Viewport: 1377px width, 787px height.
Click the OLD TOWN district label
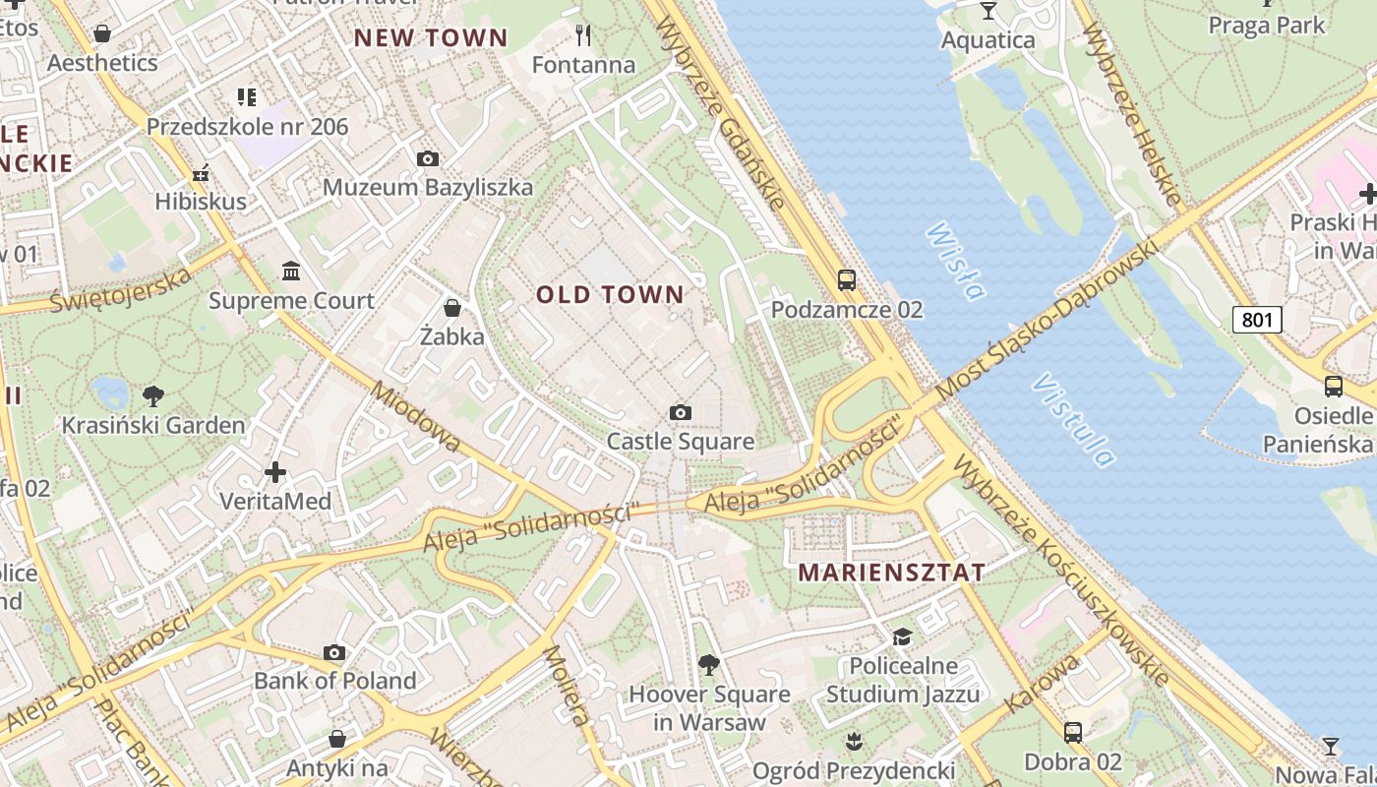coord(610,294)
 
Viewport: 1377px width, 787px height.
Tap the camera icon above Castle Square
coord(680,412)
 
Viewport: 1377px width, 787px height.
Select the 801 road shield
coord(1257,319)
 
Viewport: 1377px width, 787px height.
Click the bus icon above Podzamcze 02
coord(846,280)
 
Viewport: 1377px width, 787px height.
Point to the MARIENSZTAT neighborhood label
coord(891,573)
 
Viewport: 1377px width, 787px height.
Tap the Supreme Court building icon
coord(291,271)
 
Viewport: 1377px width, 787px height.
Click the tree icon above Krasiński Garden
coord(152,396)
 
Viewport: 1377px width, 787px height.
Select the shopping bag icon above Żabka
coord(451,308)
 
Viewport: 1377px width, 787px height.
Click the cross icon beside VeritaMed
coord(275,472)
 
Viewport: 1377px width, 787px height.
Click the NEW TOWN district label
coord(431,38)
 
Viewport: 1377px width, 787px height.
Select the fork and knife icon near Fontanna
coord(583,36)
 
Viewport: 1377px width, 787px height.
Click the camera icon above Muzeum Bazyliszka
coord(427,158)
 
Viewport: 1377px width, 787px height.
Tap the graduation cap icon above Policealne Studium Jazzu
coord(902,636)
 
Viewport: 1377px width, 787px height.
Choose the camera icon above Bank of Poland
coord(334,652)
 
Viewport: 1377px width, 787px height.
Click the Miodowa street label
coord(416,417)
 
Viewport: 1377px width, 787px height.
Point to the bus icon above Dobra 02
coord(1072,733)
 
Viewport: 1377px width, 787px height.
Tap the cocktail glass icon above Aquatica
coord(988,11)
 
